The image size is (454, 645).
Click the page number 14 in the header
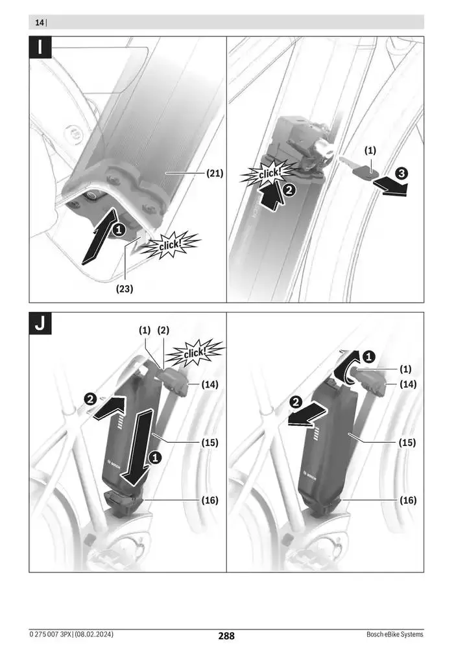click(x=40, y=23)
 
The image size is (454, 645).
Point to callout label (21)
click(x=215, y=173)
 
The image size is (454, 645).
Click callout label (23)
click(x=125, y=289)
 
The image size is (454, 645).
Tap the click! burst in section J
click(x=195, y=353)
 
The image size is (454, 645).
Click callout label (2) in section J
click(x=163, y=330)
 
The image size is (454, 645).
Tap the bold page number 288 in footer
click(x=226, y=636)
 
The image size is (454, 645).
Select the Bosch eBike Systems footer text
click(x=394, y=634)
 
